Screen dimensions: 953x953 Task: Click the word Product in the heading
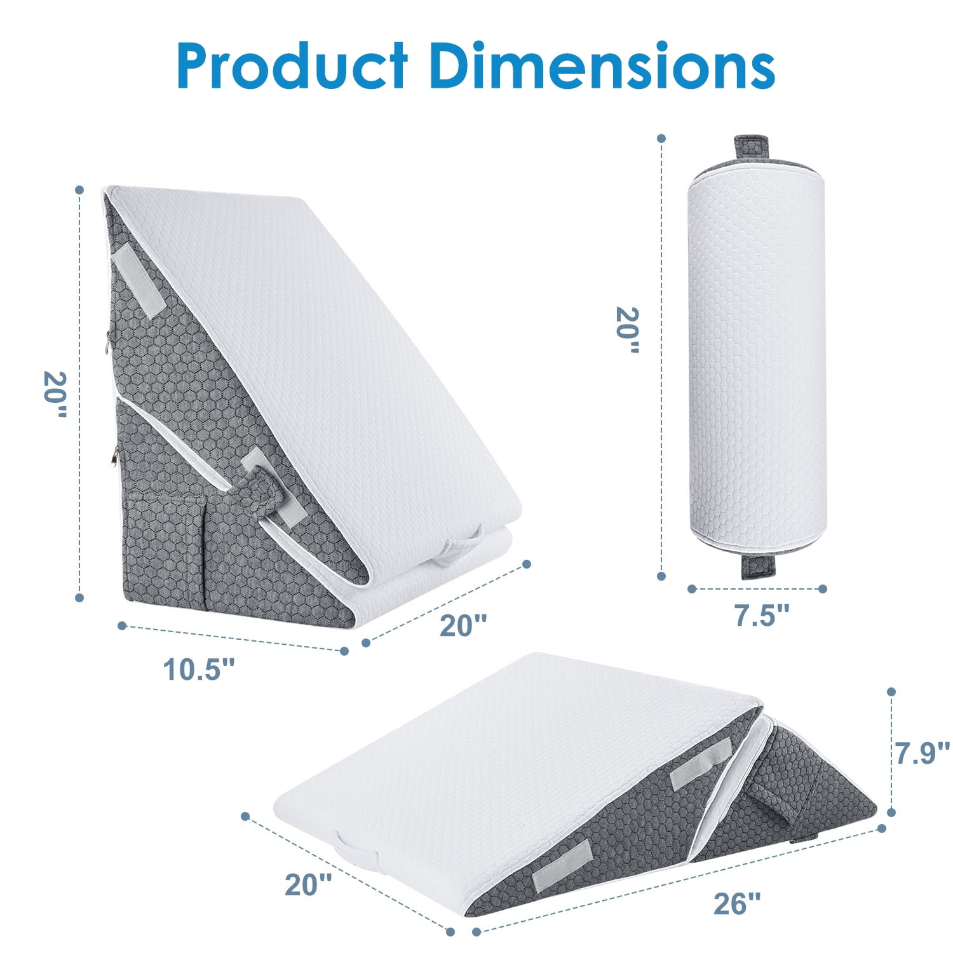(292, 66)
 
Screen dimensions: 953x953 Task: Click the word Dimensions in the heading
(602, 66)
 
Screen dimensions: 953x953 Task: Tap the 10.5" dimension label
(199, 669)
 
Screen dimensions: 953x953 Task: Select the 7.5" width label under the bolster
(762, 615)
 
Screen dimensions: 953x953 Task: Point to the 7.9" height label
(923, 753)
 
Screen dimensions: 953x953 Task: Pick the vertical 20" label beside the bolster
(628, 330)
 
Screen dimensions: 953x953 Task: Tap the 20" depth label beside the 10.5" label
(464, 625)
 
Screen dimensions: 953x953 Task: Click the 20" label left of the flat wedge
(308, 885)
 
